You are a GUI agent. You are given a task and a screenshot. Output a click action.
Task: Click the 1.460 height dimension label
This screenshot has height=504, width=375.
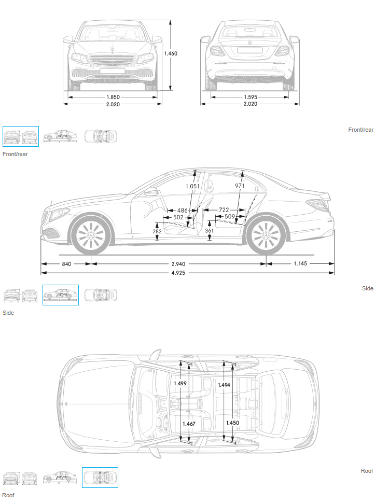point(171,53)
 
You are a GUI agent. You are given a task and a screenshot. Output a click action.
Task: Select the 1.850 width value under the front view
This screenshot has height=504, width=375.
point(113,97)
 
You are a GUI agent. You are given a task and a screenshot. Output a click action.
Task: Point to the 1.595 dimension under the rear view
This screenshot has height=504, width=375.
point(250,97)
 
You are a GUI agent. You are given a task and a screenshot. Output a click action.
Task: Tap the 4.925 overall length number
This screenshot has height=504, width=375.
point(178,273)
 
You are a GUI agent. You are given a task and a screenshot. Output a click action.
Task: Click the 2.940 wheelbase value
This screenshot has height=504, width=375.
point(178,264)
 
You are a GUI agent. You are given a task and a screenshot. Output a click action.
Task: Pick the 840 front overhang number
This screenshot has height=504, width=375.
point(66,264)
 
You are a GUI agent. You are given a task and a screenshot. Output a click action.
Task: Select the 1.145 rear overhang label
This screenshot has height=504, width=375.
point(300,263)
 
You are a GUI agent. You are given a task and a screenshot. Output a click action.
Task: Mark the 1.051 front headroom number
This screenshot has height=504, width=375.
point(192,186)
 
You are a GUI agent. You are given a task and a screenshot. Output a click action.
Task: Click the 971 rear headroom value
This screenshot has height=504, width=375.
point(240,186)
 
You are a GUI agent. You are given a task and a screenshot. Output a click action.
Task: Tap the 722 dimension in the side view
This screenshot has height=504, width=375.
point(224,210)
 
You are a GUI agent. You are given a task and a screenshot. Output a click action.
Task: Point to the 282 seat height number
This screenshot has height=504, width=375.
point(157,231)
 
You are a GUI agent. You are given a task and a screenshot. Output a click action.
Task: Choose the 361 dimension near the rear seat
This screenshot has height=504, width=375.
point(209,230)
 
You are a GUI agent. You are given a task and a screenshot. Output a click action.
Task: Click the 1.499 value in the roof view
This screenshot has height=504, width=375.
point(180,383)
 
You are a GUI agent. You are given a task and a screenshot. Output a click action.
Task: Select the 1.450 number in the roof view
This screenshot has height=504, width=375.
point(232,423)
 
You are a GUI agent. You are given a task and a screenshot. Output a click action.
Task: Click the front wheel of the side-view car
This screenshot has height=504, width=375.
point(91,236)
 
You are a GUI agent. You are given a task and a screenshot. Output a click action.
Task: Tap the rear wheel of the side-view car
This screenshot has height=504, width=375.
point(266,236)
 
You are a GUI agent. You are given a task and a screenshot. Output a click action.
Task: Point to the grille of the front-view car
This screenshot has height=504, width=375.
point(112,61)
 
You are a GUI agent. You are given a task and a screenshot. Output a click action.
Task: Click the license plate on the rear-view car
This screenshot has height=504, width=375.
point(250,50)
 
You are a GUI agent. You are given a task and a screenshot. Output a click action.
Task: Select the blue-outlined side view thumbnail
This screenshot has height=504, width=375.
point(61,295)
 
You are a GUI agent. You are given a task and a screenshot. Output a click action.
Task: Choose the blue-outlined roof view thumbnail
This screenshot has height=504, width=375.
point(100,478)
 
